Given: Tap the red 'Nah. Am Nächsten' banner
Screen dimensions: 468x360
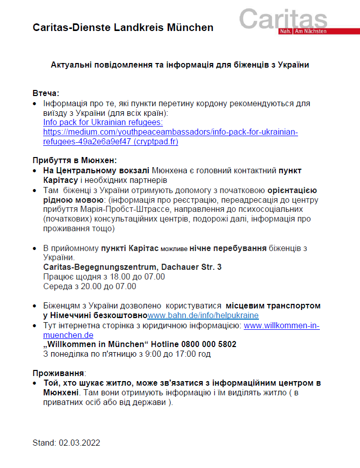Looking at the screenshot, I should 303,32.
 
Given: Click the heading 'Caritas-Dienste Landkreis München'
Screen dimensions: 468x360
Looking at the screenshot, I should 123,27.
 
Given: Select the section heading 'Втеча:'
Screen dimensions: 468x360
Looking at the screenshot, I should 46,93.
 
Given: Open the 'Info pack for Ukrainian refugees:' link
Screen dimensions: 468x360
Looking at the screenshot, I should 103,122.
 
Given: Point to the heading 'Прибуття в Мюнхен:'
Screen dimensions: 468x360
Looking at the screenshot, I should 75,161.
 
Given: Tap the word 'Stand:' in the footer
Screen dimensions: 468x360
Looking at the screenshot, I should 44,443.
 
